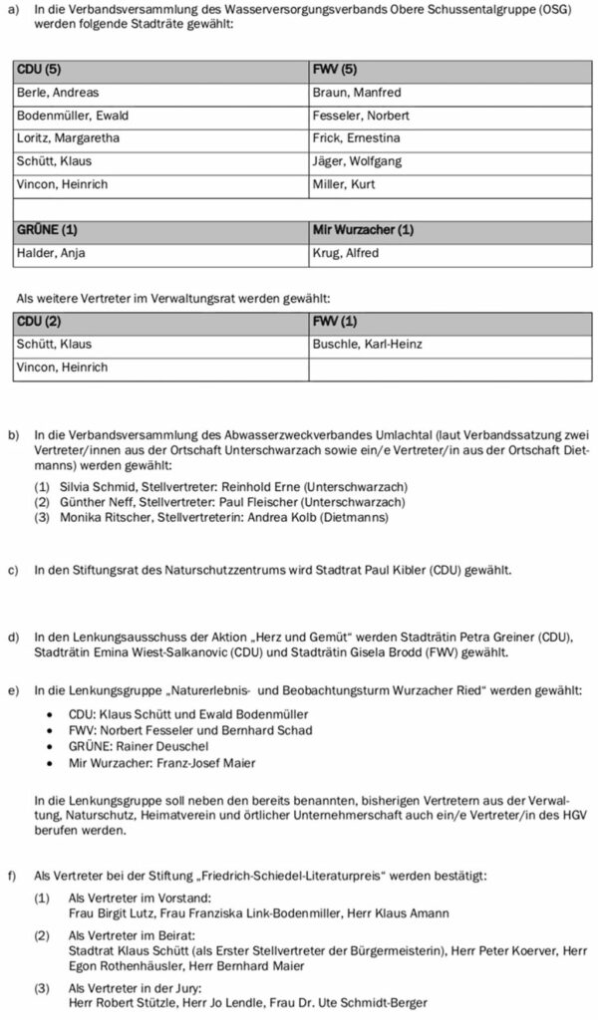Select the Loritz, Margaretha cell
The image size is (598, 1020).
coord(68,138)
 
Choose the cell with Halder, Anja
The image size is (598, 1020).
coord(52,253)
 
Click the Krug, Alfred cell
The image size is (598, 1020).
coord(346,253)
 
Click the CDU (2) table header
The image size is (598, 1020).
coord(40,321)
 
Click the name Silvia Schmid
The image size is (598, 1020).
coord(101,486)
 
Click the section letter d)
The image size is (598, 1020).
coord(13,637)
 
